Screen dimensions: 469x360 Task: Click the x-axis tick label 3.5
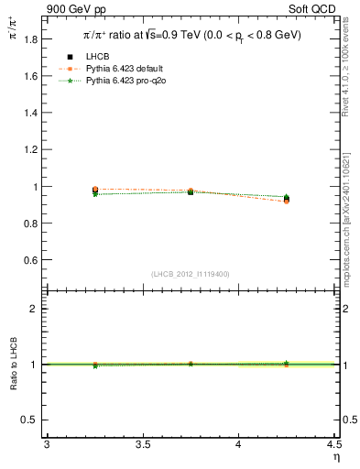pos(142,444)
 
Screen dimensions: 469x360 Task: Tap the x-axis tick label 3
pos(47,444)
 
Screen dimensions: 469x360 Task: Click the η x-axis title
pos(335,456)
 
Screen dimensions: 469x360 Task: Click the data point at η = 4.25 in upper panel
pos(287,198)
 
